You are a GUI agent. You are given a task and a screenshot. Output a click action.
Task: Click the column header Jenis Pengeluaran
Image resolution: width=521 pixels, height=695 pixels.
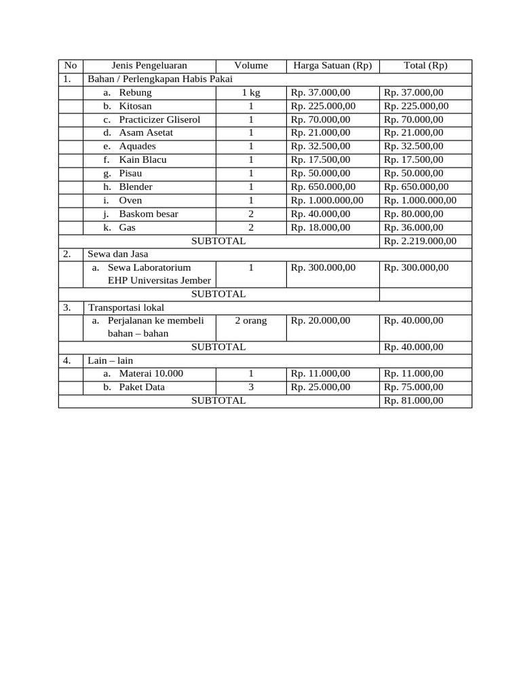[x=149, y=66]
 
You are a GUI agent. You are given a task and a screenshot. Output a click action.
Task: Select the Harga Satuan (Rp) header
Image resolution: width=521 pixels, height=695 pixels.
[x=332, y=66]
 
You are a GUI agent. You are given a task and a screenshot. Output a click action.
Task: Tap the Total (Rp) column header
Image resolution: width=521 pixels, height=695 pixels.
[x=425, y=66]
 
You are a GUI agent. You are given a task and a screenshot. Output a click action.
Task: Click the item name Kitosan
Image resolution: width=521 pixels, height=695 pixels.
[x=135, y=106]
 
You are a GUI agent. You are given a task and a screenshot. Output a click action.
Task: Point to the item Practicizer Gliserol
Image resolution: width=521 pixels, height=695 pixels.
[x=159, y=119]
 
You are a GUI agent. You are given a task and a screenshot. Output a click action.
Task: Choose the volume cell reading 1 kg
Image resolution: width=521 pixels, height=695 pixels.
[x=251, y=92]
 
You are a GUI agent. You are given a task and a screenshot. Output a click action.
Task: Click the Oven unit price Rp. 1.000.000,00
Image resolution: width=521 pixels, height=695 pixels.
[x=327, y=200]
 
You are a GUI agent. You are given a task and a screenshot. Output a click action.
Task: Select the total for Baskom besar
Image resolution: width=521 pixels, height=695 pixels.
[x=413, y=214]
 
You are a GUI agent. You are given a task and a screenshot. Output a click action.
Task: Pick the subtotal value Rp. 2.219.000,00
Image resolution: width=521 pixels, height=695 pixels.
[x=420, y=241]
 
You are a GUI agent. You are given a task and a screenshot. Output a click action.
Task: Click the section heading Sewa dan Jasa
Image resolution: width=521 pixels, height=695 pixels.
[x=118, y=254]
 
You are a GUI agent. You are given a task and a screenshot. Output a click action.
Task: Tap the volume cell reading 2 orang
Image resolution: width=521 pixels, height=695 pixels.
[x=251, y=320]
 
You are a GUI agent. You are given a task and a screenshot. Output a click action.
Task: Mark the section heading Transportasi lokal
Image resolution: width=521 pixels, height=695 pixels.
[x=126, y=307]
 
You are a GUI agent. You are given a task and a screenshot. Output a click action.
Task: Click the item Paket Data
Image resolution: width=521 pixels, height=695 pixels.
[x=142, y=387]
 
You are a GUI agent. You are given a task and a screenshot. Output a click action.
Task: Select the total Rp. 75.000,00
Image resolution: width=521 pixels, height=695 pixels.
[x=413, y=387]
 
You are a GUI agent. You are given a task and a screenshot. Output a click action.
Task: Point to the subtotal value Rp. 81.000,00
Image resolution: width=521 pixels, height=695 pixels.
[x=413, y=400]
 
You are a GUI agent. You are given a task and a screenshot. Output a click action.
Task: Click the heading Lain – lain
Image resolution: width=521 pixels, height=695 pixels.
[x=111, y=360]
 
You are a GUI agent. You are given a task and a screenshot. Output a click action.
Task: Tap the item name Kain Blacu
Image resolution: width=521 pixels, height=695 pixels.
[x=142, y=159]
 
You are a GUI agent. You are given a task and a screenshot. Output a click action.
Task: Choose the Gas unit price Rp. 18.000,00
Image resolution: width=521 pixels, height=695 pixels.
[x=320, y=227]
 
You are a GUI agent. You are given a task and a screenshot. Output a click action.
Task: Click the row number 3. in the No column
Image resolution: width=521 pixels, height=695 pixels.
[x=67, y=307]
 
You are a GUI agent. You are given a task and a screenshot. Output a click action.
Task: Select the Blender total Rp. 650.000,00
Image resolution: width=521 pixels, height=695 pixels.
[x=416, y=187]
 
